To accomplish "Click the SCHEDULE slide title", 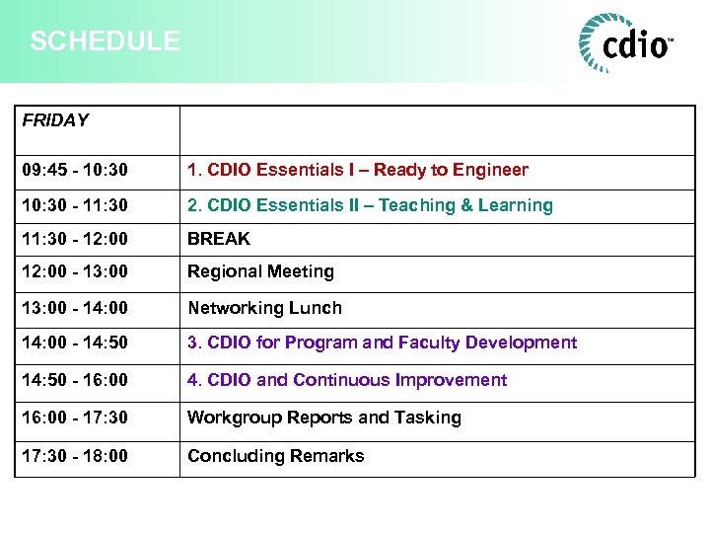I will tap(105, 41).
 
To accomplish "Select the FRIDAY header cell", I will tap(55, 120).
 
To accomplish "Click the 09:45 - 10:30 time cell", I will tap(75, 170).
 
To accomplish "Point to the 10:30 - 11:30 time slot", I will tap(75, 205).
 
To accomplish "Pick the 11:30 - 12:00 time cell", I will tap(75, 239).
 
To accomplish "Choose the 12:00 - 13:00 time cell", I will tap(75, 271).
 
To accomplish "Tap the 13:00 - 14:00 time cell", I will tap(75, 308).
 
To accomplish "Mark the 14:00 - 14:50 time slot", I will tap(75, 343).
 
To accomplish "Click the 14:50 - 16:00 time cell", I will tap(75, 380).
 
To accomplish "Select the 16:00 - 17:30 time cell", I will tap(75, 418).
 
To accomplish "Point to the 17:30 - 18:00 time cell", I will tap(75, 456).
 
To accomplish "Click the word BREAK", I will tap(219, 239).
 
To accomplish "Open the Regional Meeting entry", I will tap(261, 271).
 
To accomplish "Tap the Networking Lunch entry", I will tap(265, 308).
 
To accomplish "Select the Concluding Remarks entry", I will tap(276, 456).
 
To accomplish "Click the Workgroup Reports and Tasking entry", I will tap(324, 418).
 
